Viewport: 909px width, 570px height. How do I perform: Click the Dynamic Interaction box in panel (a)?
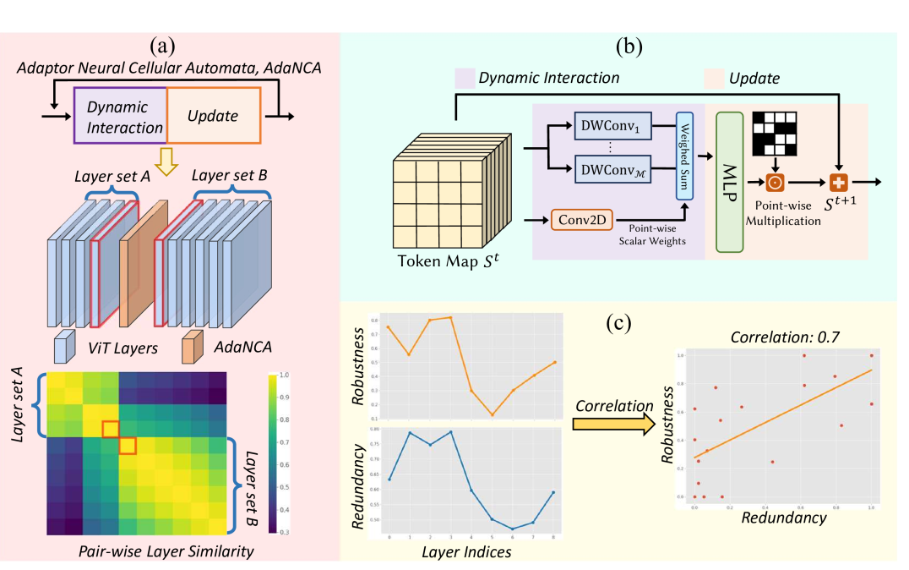point(119,118)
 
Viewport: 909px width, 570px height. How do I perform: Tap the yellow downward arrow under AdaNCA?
point(171,163)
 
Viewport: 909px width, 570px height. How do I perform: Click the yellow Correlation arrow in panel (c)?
point(609,422)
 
